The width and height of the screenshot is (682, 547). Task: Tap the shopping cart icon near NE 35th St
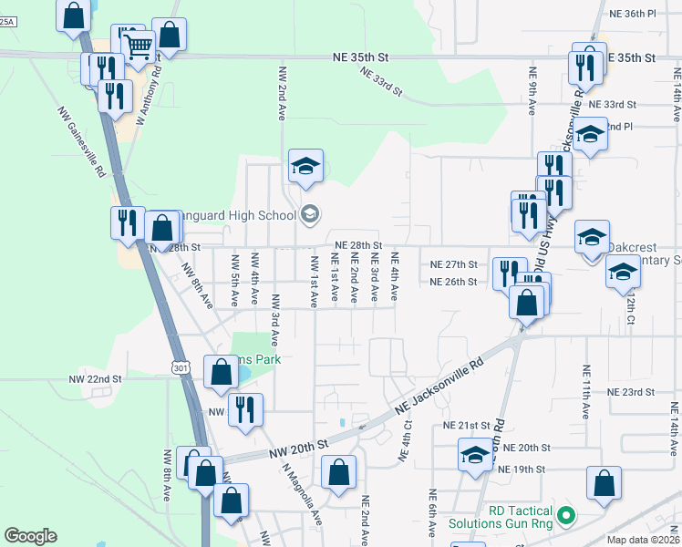pos(139,45)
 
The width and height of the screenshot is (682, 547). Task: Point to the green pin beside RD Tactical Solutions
pos(565,516)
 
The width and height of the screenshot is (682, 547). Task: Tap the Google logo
pos(30,536)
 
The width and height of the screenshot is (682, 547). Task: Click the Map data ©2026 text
pos(643,540)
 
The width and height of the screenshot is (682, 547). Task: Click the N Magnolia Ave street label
pos(300,489)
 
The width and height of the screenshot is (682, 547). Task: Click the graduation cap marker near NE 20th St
pos(475,456)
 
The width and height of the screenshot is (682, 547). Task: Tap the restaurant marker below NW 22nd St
pos(245,408)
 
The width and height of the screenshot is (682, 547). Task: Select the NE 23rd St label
pos(631,392)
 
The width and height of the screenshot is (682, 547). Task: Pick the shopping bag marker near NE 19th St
pos(604,483)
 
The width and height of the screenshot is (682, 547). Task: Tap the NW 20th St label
pos(297,447)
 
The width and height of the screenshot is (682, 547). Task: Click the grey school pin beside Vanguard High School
pos(310,214)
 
